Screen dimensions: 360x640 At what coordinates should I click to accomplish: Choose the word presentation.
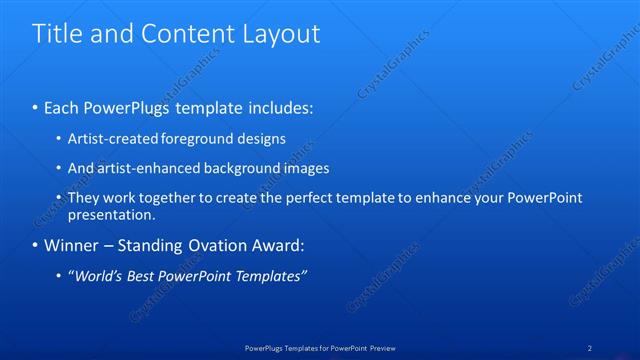tap(111, 214)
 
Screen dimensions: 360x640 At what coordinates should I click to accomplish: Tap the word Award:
tap(274, 245)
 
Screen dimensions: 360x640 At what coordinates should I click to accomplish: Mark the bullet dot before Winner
tap(36, 245)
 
